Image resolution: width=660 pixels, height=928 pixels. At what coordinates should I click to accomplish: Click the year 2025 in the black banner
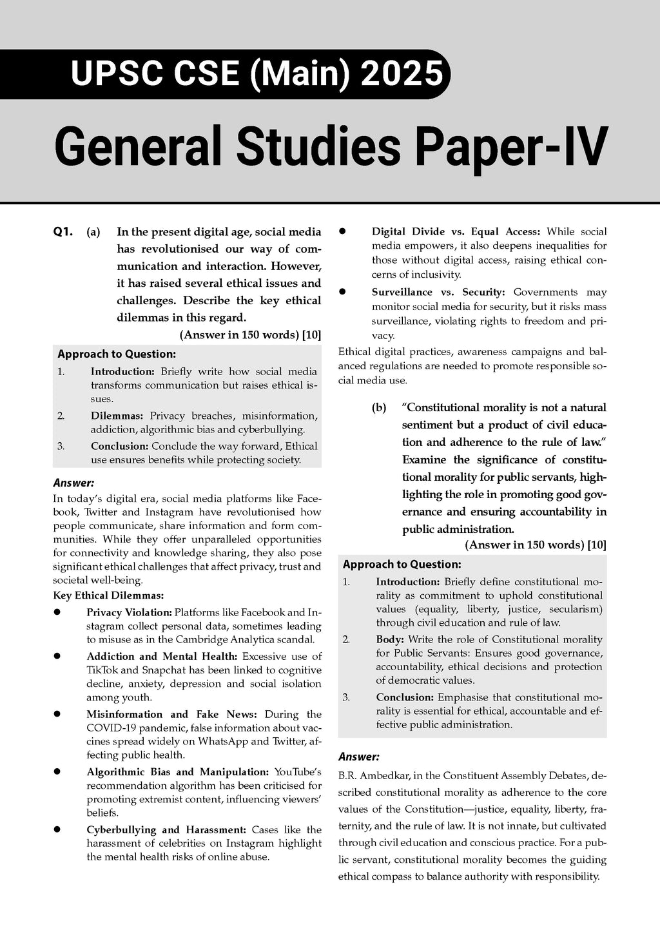click(402, 73)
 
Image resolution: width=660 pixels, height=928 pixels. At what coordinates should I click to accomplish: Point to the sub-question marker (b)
click(379, 408)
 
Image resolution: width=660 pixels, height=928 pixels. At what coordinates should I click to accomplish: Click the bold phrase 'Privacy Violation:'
click(129, 612)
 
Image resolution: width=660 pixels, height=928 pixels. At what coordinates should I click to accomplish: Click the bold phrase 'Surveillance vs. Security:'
click(438, 293)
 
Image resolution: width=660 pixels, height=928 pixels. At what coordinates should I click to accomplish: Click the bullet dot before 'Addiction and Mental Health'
click(57, 656)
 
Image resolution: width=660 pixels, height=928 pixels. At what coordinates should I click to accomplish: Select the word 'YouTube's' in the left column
click(298, 772)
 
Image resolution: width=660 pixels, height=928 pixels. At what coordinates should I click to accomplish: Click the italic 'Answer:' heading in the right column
click(358, 757)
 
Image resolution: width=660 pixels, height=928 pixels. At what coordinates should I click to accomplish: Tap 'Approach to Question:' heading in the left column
click(117, 354)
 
